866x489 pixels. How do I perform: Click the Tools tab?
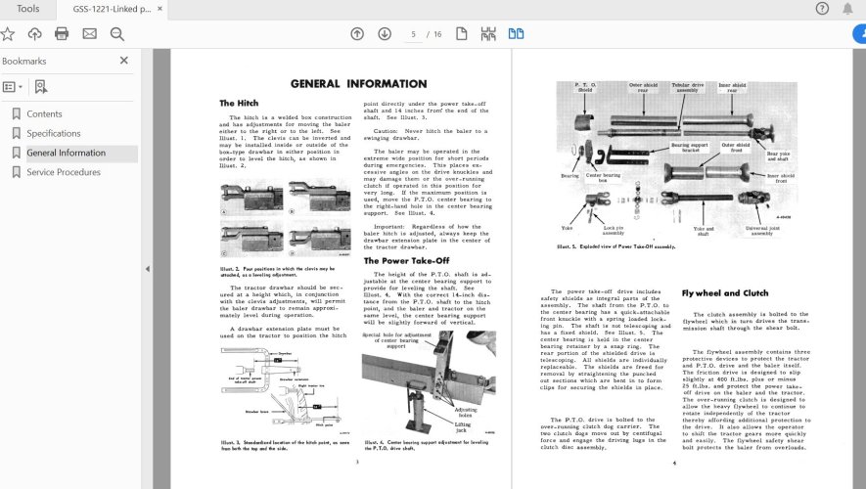[28, 9]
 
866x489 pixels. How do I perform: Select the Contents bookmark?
[44, 113]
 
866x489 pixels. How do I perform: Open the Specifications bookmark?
[53, 133]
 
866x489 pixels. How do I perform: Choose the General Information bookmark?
[66, 153]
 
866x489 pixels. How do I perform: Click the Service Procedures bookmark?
[63, 172]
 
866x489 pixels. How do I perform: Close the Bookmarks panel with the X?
[124, 61]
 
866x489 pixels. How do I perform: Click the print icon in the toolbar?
[62, 34]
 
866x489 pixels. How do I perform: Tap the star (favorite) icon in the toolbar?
[8, 34]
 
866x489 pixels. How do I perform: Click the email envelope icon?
[89, 34]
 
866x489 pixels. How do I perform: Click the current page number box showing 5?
[414, 34]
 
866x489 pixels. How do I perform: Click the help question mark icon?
[822, 9]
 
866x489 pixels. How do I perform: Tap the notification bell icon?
[848, 9]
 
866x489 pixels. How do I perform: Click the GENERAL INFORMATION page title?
[358, 84]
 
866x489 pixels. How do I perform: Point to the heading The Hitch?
[240, 103]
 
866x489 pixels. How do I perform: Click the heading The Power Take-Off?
[408, 261]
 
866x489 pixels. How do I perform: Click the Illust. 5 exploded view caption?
[616, 246]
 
